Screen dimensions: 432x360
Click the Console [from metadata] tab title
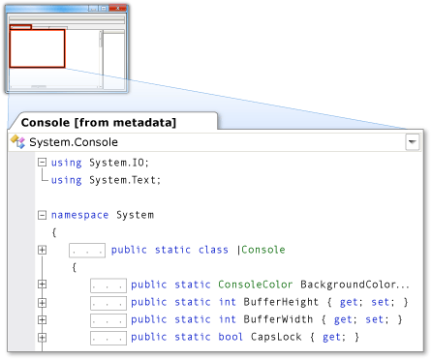coord(99,123)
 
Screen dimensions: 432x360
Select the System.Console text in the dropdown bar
coord(74,142)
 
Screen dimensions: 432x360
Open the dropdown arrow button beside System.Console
coord(413,142)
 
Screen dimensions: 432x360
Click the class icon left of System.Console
coord(17,141)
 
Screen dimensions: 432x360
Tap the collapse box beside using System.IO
coord(42,162)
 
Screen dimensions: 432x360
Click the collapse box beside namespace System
coord(42,215)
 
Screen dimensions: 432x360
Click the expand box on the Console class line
coord(42,250)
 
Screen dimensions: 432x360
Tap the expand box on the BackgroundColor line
coord(42,285)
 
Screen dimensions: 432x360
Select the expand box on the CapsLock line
coord(42,338)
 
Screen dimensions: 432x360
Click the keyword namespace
coord(79,215)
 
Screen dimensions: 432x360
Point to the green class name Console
coord(263,250)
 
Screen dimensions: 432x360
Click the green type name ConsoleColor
coord(255,285)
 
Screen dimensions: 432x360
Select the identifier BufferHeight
coord(281,302)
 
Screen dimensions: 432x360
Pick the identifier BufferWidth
coord(278,319)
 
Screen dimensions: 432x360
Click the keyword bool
coord(231,337)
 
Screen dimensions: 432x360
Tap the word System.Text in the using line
coord(125,180)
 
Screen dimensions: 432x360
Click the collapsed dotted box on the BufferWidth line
coord(108,320)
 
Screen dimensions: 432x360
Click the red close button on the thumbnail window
coord(117,8)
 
